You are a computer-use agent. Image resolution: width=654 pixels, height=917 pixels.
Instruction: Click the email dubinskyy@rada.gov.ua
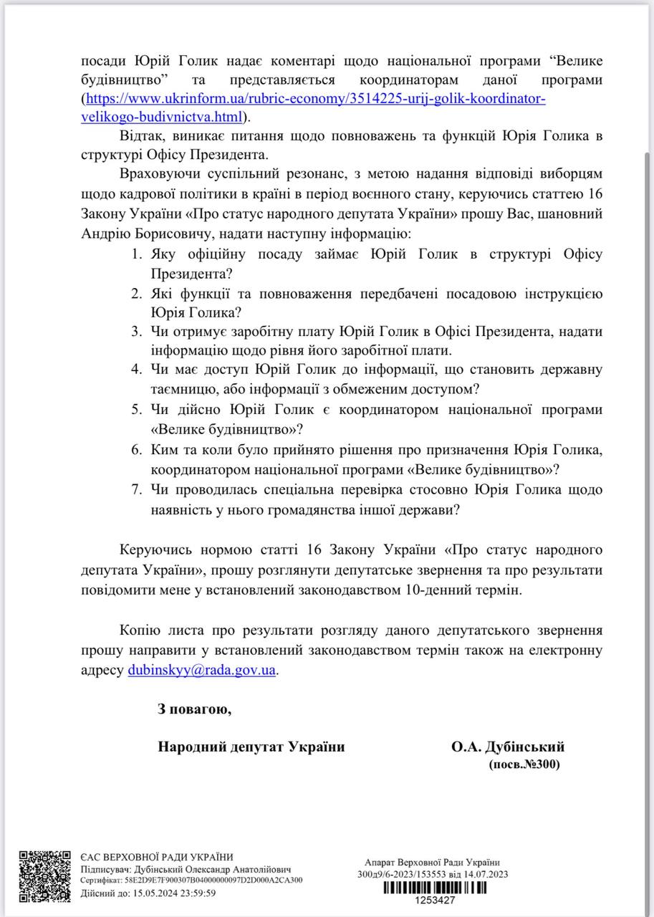click(201, 671)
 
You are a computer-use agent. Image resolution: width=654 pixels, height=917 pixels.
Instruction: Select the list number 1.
click(137, 254)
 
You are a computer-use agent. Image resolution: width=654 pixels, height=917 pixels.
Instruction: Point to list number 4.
click(137, 369)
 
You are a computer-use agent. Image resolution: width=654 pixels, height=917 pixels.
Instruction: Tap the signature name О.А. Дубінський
click(507, 746)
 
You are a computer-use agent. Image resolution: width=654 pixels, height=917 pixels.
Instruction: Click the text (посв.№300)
click(524, 764)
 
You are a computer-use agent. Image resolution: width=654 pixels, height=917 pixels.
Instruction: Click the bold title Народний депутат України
click(251, 746)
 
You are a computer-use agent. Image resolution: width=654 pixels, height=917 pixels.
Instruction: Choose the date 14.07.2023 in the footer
click(487, 874)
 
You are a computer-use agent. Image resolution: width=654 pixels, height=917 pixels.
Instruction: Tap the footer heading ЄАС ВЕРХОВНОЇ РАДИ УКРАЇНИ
click(157, 857)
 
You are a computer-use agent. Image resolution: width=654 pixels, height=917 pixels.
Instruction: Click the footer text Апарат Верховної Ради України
click(432, 863)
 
